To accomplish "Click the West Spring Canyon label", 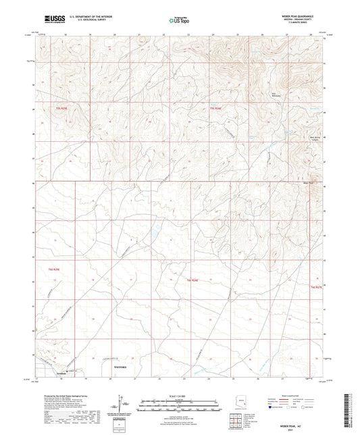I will pos(314,139).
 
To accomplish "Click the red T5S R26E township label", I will pos(215,109).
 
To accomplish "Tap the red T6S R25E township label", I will pos(53,270).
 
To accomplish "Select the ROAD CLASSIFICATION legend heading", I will pos(293,395).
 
